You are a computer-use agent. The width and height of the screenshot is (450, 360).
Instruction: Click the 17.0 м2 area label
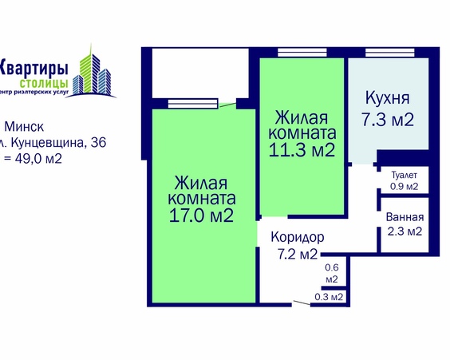coord(200,216)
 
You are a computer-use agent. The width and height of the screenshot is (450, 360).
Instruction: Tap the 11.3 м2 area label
coord(302,149)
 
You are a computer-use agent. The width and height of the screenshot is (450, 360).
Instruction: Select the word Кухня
coord(387,99)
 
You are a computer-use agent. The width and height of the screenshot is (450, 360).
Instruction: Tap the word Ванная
coord(405,217)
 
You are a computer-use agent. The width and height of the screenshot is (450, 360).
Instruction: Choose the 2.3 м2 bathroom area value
coord(405,231)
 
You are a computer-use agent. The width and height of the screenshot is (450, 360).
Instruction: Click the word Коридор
coord(297,238)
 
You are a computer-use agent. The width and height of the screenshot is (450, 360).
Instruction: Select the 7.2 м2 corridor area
coord(297,255)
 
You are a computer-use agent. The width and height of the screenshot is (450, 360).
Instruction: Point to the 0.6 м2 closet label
coord(333,273)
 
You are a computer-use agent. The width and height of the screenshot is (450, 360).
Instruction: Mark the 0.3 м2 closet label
coord(330,297)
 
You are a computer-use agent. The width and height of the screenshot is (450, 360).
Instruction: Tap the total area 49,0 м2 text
coord(36,158)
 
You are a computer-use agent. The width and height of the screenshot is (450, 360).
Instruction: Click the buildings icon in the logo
coord(93,70)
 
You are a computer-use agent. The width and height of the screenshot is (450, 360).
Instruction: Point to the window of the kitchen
coord(386,53)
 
